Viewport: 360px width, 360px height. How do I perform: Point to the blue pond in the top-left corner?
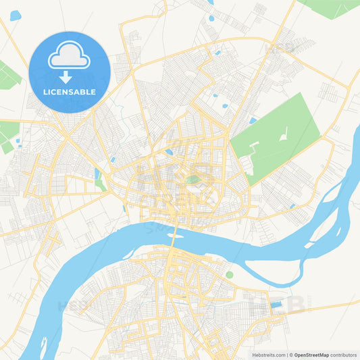point(15,15)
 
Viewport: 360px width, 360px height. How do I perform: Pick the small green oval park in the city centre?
point(194,180)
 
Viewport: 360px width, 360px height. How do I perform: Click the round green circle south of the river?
point(229,275)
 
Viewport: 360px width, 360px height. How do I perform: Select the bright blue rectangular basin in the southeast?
point(276,305)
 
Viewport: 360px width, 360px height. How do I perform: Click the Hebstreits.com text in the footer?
point(267,354)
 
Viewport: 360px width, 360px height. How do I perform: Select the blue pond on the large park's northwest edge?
point(253,120)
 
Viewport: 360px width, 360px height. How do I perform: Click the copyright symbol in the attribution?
point(291,354)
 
